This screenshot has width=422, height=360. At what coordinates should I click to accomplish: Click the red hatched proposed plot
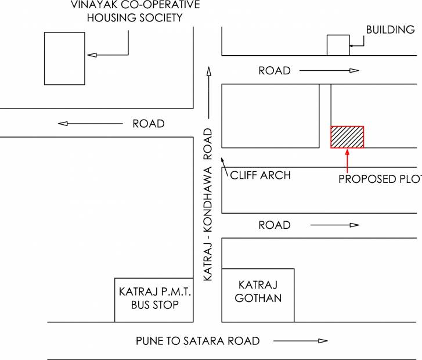(x=347, y=137)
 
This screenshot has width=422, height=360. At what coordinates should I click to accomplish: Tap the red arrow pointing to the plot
(x=347, y=161)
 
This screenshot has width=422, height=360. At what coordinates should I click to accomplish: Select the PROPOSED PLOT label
(x=380, y=179)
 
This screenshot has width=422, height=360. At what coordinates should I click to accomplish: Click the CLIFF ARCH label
(x=261, y=175)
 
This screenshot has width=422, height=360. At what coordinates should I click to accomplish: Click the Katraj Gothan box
(x=258, y=295)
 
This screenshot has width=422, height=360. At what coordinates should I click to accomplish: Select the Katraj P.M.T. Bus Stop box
(x=154, y=300)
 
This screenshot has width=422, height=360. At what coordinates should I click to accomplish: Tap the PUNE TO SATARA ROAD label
(x=198, y=341)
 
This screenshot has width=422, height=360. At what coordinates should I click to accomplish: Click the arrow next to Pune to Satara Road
(x=301, y=341)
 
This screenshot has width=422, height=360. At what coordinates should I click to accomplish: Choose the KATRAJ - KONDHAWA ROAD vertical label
(x=208, y=204)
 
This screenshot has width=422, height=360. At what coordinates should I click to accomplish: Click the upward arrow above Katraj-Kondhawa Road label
(x=209, y=92)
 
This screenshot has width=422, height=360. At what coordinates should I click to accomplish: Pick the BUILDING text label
(x=390, y=30)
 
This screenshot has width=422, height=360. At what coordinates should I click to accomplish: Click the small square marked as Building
(x=338, y=45)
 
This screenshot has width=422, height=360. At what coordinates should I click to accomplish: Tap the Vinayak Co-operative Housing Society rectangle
(x=64, y=59)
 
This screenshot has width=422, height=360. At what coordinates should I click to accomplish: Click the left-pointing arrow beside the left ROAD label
(x=91, y=124)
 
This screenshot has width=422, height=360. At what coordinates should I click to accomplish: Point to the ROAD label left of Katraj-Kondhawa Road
(x=149, y=124)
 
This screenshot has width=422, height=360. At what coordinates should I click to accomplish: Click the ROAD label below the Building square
(x=275, y=70)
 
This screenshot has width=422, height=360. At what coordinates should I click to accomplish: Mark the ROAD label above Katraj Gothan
(x=275, y=225)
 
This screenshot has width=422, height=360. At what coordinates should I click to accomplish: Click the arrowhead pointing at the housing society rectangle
(x=92, y=55)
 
